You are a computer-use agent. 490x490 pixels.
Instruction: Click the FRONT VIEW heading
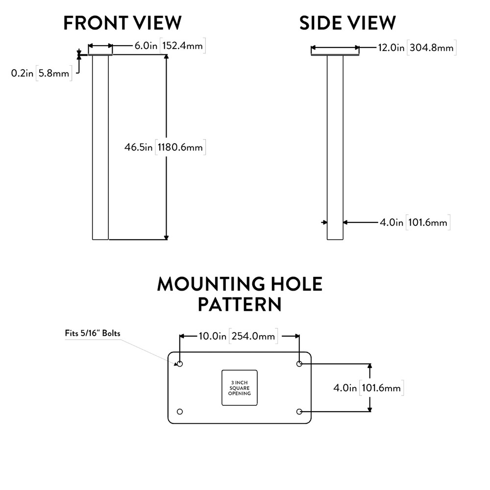(x=122, y=23)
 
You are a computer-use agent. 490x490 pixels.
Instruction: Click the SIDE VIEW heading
(x=347, y=23)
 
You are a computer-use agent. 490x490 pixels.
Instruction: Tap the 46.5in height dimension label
(x=139, y=147)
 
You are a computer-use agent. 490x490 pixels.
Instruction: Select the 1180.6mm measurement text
(x=180, y=147)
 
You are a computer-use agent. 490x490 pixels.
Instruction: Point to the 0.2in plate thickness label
(x=22, y=73)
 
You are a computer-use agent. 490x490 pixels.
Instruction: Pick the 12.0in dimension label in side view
(x=391, y=48)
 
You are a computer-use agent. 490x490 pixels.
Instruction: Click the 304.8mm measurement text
(x=431, y=48)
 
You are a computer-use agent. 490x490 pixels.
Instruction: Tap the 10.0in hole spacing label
(x=212, y=336)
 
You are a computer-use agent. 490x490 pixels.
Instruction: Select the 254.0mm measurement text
(x=253, y=336)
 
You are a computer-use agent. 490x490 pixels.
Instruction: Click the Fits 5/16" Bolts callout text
(x=93, y=333)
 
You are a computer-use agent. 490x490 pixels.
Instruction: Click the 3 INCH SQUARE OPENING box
(x=240, y=387)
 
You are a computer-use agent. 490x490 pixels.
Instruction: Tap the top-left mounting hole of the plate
(x=180, y=364)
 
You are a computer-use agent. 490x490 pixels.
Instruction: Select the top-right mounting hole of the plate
(x=299, y=364)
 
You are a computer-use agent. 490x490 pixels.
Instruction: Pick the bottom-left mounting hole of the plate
(x=180, y=411)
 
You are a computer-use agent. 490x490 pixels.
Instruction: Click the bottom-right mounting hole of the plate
(x=299, y=411)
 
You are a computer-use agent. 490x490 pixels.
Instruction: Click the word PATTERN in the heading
(x=240, y=304)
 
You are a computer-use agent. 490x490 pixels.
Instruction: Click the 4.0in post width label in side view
(x=392, y=222)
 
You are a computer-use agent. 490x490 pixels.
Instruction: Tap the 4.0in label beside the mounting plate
(x=345, y=388)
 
